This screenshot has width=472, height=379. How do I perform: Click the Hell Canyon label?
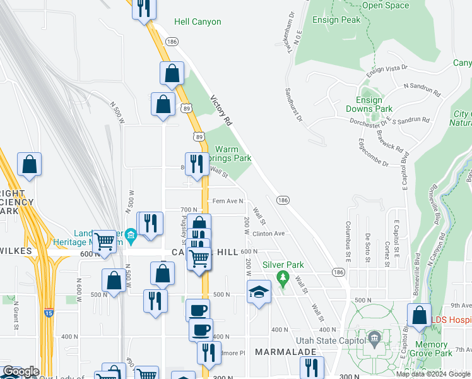[x=198, y=22]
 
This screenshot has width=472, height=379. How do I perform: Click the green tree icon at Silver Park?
[x=283, y=277]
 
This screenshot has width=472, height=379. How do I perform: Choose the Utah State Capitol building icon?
[x=374, y=337]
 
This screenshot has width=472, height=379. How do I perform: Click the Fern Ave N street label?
[x=228, y=201]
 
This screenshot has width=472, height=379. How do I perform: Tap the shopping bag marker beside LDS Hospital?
[x=419, y=315]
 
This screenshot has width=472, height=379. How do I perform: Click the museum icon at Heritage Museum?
[x=131, y=237]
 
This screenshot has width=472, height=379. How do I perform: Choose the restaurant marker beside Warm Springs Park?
[x=197, y=164]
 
